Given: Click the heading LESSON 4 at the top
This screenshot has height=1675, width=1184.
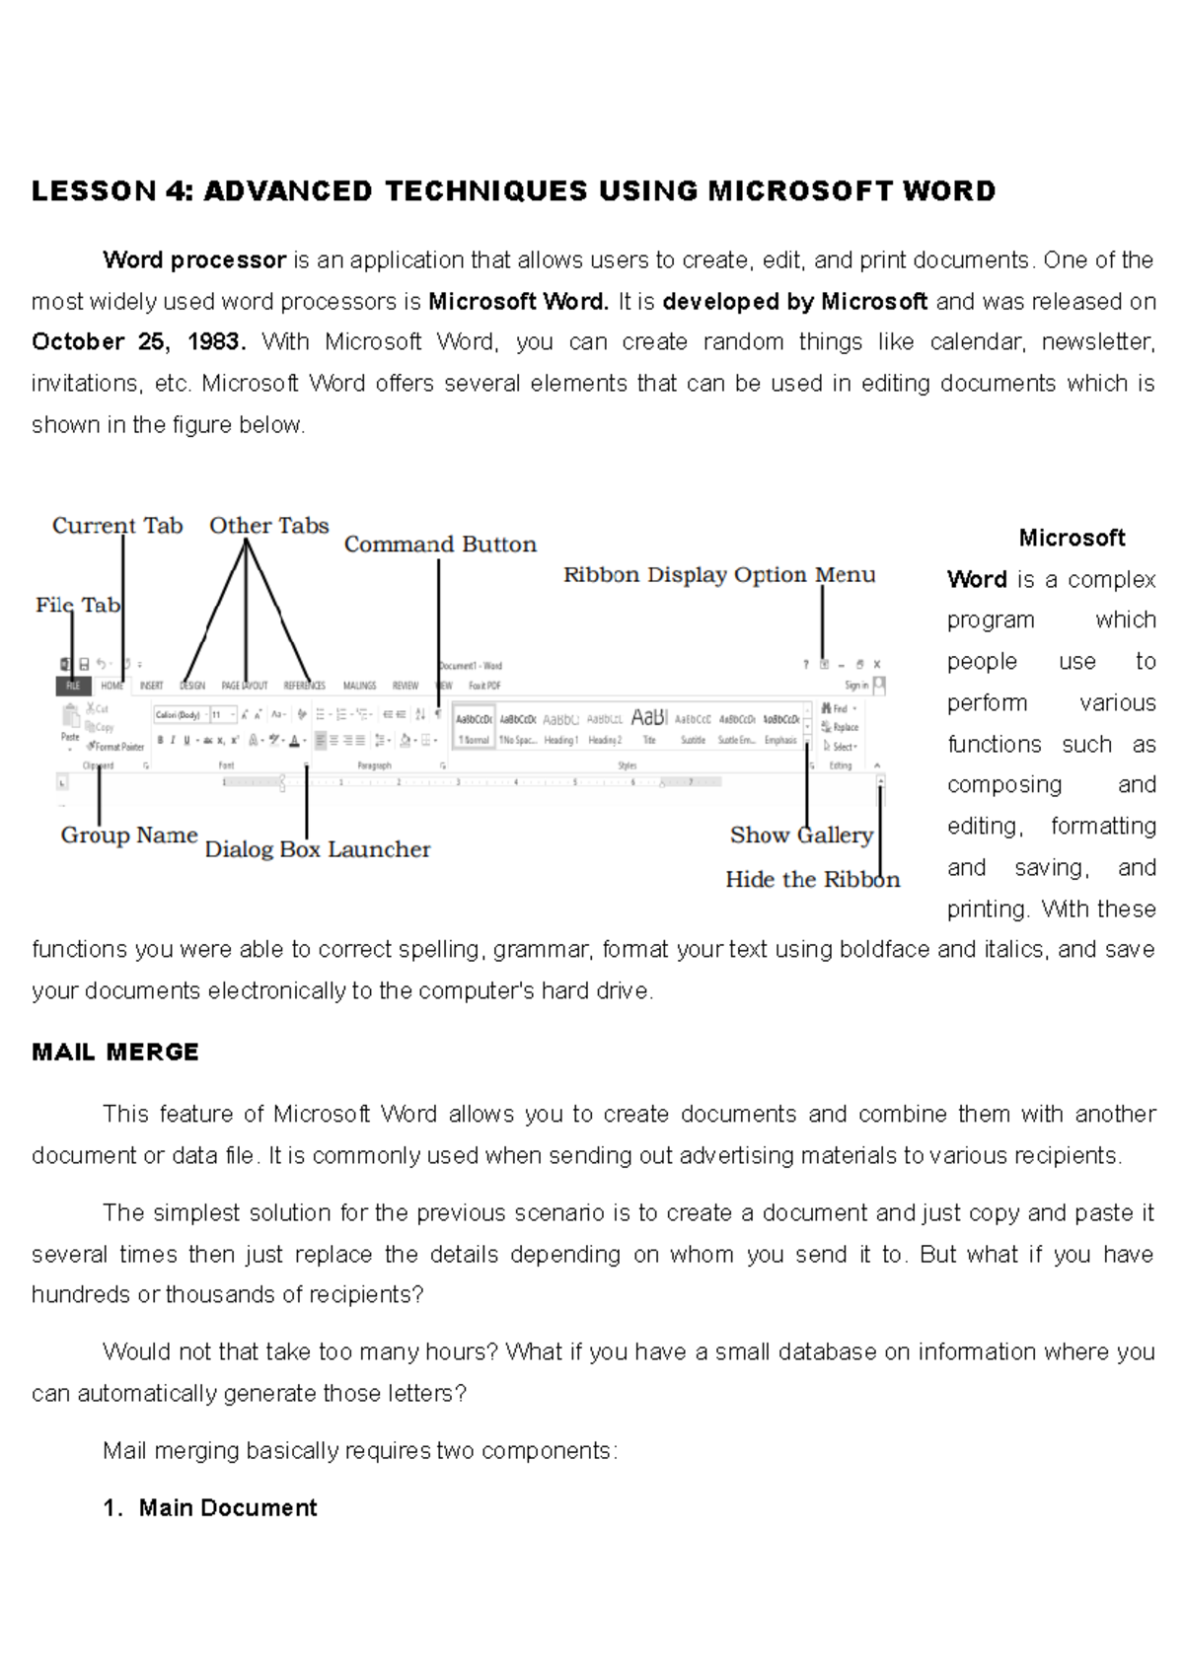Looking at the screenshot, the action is (x=513, y=190).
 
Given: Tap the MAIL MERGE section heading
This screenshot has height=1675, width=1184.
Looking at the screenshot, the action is (x=115, y=1053).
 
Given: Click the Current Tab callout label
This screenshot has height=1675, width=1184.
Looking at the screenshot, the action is (x=117, y=526).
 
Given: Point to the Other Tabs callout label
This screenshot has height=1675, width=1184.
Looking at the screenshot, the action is (x=268, y=526).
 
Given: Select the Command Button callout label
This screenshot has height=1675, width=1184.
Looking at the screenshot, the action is (x=440, y=545).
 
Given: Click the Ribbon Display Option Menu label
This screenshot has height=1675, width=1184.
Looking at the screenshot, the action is (x=719, y=575).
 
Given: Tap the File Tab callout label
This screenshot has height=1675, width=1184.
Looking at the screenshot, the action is (x=78, y=606).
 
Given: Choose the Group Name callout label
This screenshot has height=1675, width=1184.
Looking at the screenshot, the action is (x=129, y=836).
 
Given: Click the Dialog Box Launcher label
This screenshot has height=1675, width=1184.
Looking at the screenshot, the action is (x=317, y=849).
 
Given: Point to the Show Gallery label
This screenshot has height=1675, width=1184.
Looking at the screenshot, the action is (x=801, y=836).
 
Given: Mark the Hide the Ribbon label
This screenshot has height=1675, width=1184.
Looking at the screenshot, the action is (x=812, y=880).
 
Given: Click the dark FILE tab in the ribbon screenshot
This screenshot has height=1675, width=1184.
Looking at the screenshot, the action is (x=73, y=686).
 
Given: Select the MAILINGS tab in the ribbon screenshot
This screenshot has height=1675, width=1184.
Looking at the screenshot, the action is (x=359, y=686).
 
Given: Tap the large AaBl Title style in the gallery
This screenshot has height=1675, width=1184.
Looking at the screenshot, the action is (x=649, y=718).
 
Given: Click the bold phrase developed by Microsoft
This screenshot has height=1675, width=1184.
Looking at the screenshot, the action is (x=795, y=301).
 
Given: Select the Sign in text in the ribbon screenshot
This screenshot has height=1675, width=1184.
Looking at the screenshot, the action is (x=856, y=686).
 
